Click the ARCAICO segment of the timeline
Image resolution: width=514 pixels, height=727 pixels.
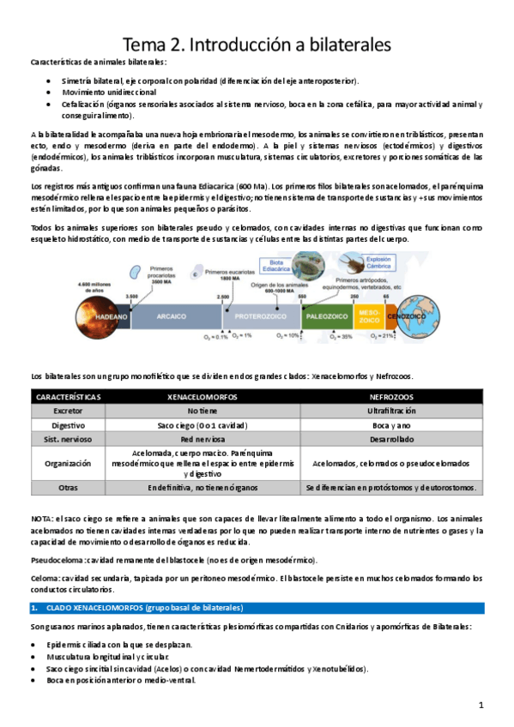(x=171, y=316)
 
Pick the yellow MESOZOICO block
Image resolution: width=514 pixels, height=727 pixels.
(x=367, y=316)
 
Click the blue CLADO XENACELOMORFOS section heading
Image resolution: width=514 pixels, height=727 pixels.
(x=137, y=608)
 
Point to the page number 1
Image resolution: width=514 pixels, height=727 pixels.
(x=482, y=705)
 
